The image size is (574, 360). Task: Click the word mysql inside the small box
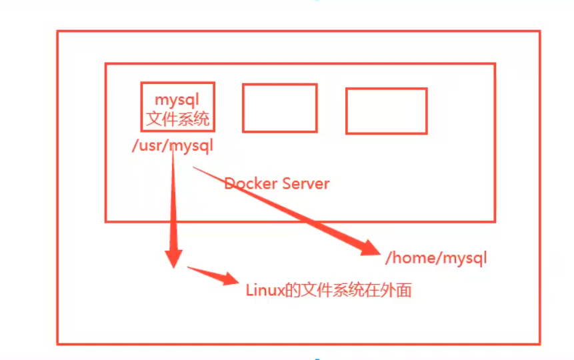point(177,100)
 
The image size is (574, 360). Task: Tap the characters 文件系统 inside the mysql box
point(177,119)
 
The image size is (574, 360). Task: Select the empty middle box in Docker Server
point(279,107)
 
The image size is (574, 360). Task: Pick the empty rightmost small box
point(386,111)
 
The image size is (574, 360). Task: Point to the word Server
point(304,183)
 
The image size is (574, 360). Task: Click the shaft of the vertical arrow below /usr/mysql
point(173,200)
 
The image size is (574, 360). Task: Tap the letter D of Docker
point(229,183)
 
